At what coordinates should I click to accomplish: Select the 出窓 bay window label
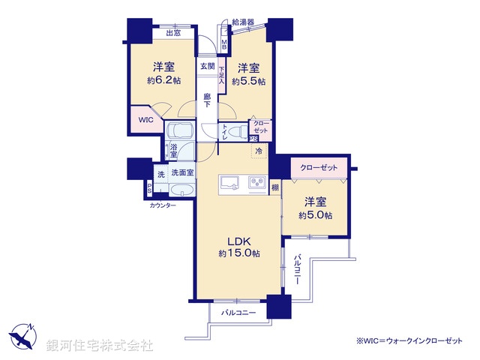click(x=173, y=33)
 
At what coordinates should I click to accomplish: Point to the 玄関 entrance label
click(x=207, y=67)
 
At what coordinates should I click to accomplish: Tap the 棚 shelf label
click(x=275, y=187)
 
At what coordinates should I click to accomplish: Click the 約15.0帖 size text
click(x=239, y=253)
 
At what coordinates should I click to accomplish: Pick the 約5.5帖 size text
click(x=250, y=82)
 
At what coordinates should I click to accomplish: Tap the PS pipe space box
click(x=149, y=187)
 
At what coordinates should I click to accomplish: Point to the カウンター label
click(x=162, y=205)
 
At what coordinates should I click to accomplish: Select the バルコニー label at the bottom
click(x=238, y=312)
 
